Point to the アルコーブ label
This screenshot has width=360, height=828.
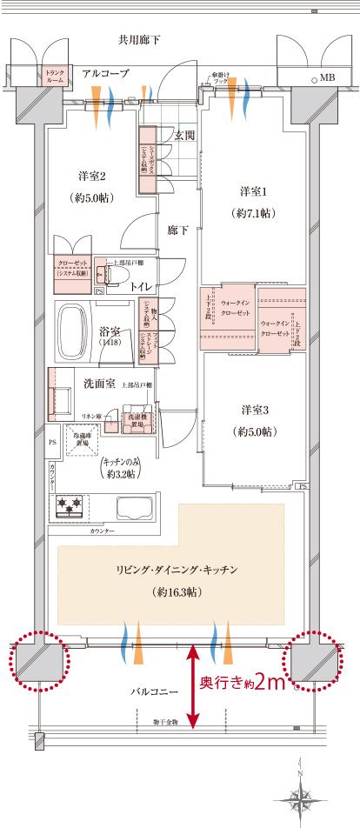click(x=106, y=75)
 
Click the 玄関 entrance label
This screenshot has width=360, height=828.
click(x=183, y=136)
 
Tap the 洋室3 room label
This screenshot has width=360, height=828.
click(x=254, y=409)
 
